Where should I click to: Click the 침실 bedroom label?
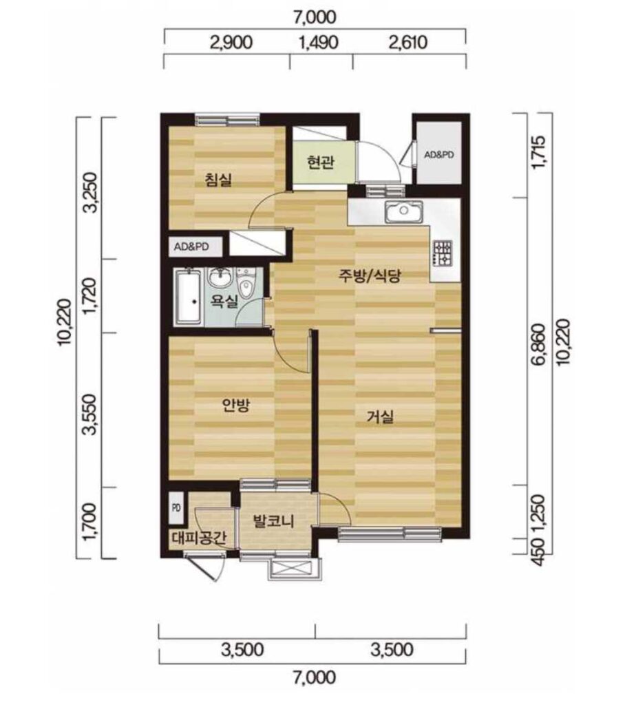click(x=218, y=180)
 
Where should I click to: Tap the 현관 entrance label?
click(x=321, y=162)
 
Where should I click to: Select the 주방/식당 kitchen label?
click(x=369, y=275)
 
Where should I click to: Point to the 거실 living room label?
click(x=380, y=417)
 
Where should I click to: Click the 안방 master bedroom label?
click(x=236, y=406)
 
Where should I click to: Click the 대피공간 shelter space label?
click(x=199, y=537)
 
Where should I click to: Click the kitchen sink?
click(x=404, y=211)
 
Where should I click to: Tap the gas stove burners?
click(x=442, y=253)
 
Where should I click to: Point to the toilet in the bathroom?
click(x=246, y=282)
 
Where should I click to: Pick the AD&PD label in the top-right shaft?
click(x=439, y=155)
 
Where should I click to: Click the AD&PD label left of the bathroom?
click(x=191, y=247)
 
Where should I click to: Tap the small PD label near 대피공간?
click(x=176, y=508)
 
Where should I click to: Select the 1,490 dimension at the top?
click(x=319, y=42)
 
